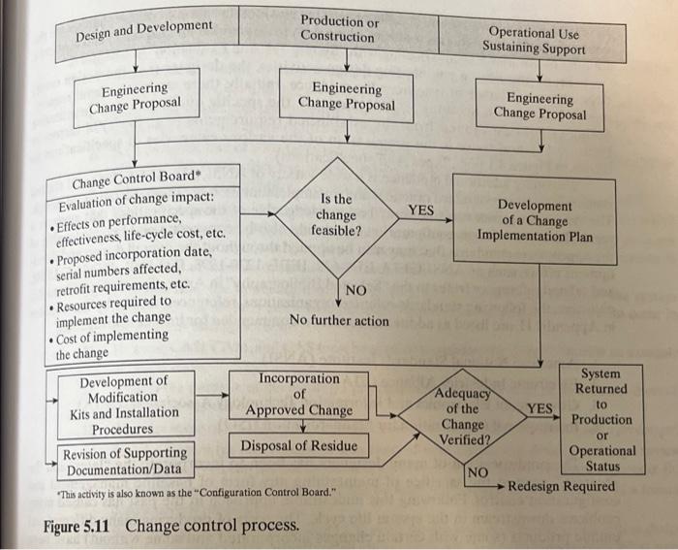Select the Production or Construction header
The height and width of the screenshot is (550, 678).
[338, 29]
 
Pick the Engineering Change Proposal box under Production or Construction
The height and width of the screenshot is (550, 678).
[346, 95]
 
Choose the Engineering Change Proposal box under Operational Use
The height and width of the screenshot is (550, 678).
[539, 106]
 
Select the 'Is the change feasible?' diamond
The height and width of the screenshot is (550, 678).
[336, 215]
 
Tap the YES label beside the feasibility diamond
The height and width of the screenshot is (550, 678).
[420, 210]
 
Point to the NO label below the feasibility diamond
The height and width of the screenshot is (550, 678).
[355, 290]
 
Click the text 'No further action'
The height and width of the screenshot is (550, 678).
[339, 320]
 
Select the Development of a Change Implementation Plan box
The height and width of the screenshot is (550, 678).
[535, 220]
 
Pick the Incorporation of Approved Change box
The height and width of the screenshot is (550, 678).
[298, 394]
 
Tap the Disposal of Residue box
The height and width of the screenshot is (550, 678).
[298, 446]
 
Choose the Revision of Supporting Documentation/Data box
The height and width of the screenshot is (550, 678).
[124, 461]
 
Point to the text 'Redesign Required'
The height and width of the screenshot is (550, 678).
[561, 486]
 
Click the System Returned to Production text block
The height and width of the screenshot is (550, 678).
[601, 419]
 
